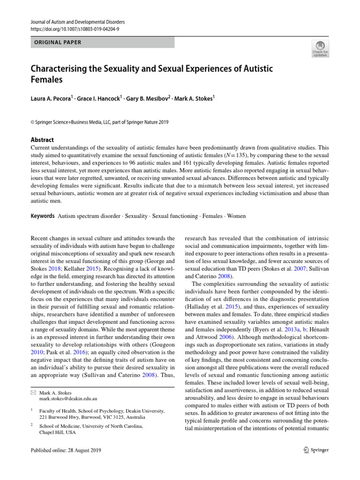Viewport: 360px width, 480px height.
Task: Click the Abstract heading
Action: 42,140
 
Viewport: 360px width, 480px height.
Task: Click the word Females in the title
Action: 47,80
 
